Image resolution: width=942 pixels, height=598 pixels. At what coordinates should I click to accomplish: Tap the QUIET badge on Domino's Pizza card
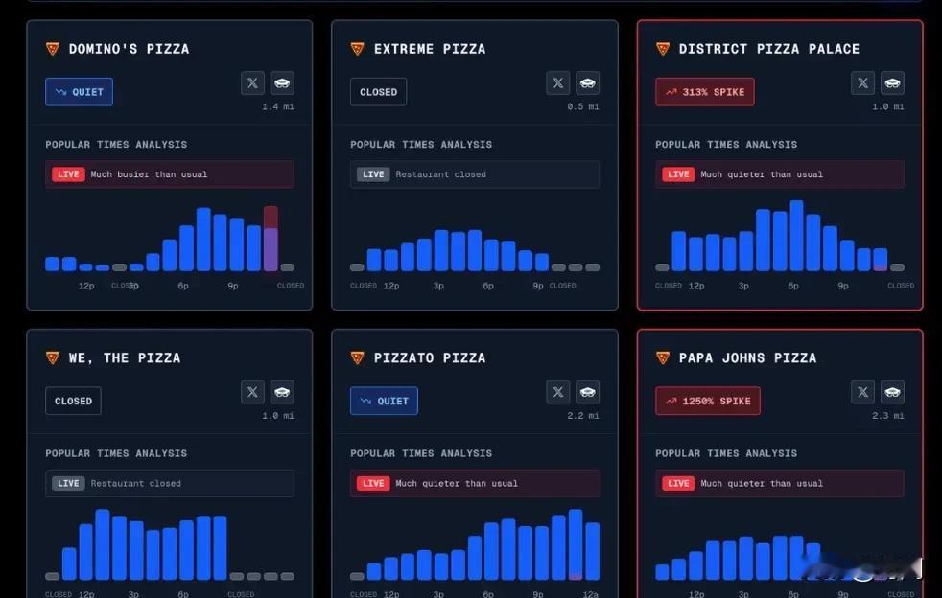pos(79,92)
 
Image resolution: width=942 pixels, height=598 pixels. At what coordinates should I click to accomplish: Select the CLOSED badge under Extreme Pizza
pos(378,92)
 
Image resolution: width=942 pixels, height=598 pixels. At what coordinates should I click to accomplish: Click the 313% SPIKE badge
pos(705,92)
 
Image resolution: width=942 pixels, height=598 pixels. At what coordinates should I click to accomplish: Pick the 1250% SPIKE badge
pos(708,401)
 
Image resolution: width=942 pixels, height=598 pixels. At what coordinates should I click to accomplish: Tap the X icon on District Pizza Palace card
pos(862,83)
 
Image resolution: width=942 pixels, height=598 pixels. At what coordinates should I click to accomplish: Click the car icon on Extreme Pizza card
pos(587,83)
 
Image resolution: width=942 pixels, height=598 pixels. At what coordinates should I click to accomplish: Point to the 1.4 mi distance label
pos(278,106)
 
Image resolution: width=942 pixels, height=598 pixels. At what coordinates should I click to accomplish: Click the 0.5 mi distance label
pos(583,106)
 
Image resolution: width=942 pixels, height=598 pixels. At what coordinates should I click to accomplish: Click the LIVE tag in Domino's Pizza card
pos(68,174)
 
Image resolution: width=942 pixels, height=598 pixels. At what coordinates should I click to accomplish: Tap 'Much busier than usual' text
pos(149,174)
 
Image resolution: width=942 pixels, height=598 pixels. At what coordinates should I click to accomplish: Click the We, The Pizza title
pos(124,357)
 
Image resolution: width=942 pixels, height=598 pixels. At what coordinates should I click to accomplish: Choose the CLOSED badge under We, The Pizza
pos(73,401)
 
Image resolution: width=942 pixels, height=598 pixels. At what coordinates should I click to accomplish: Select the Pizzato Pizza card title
pos(429,357)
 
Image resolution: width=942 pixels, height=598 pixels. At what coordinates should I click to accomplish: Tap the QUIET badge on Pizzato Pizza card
pos(384,401)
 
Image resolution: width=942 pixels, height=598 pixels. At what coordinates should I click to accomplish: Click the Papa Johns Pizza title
pos(747,357)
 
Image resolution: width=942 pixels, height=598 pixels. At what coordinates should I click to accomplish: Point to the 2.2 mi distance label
pos(583,416)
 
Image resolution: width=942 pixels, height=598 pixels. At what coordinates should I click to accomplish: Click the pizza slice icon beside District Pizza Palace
pos(662,49)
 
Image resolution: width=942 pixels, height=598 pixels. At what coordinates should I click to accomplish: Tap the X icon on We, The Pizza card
pos(252,391)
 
